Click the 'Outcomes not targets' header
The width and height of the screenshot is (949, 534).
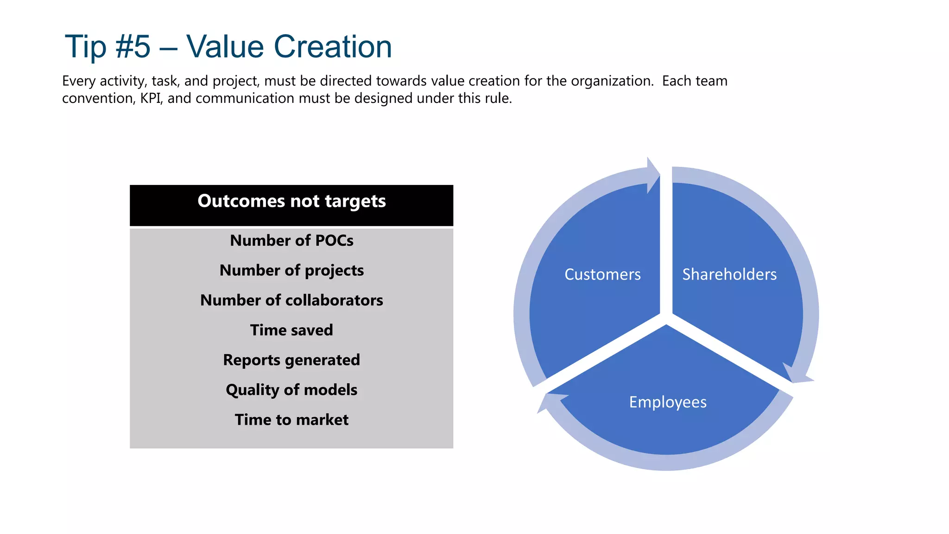(291, 202)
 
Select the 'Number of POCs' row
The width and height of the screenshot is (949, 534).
(291, 241)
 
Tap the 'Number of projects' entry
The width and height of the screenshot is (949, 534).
(291, 270)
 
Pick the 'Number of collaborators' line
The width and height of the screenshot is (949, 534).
(291, 300)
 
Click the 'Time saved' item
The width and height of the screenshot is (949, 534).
(291, 330)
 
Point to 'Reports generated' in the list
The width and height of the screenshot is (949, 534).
(291, 360)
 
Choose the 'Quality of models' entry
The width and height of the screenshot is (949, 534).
(291, 390)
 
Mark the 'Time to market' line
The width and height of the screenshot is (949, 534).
(291, 420)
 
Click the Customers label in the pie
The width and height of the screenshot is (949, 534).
(602, 274)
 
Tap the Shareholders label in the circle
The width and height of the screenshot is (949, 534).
(729, 274)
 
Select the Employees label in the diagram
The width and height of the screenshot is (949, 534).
(668, 402)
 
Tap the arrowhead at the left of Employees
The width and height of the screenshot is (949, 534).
(549, 401)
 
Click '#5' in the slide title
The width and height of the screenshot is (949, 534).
(133, 47)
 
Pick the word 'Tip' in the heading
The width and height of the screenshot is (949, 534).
(85, 47)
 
